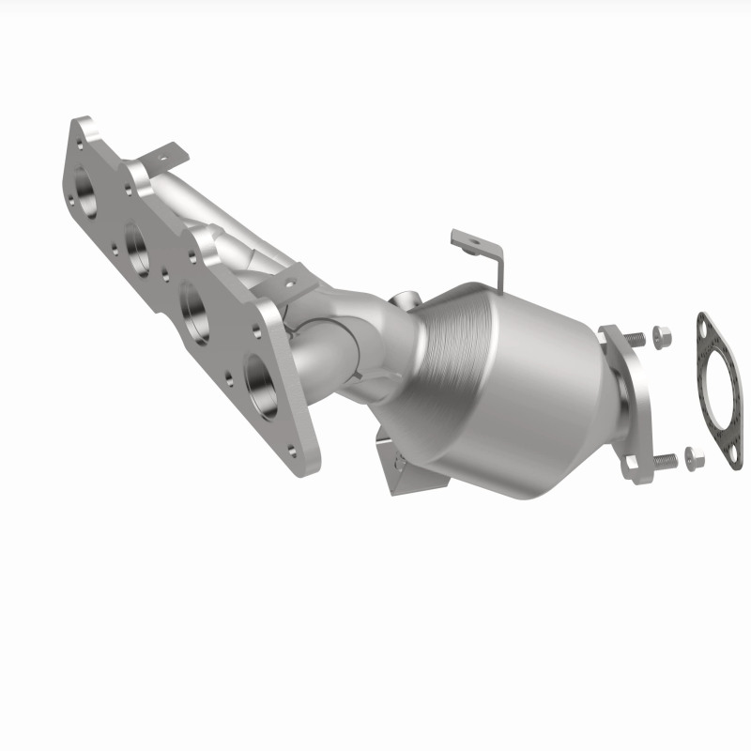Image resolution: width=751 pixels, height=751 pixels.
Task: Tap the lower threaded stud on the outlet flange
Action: click(665, 459)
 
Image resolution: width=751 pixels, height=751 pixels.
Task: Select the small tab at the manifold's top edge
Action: click(169, 153)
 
